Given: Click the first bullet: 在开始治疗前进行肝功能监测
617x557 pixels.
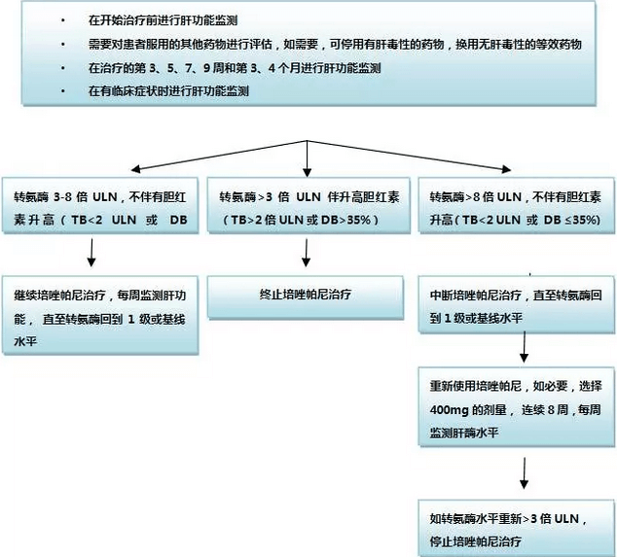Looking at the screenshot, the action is [x=163, y=20].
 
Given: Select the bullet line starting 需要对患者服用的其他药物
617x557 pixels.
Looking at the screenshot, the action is [x=335, y=44].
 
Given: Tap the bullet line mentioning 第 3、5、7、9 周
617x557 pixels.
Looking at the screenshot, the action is [x=235, y=68].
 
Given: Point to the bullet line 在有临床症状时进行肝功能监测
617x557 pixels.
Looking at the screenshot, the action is [x=168, y=91].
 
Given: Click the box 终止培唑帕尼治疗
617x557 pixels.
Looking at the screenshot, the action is [x=306, y=296].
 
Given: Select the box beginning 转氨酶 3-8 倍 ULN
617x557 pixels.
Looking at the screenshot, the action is [x=100, y=205].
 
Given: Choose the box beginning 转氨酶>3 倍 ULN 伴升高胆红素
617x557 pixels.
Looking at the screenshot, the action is [x=308, y=205].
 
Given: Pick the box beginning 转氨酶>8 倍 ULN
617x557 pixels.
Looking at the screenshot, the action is [x=516, y=205].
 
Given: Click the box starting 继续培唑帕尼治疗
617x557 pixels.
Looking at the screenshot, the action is [x=100, y=315].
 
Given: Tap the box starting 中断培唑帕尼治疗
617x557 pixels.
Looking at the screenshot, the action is [x=516, y=304].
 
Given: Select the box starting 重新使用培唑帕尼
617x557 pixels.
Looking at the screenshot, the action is [x=516, y=407].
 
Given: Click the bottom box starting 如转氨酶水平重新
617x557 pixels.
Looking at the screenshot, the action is [x=516, y=528].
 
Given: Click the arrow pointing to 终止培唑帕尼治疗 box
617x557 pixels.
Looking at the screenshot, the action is [x=307, y=253].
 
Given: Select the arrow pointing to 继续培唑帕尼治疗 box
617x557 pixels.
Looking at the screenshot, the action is [x=91, y=252].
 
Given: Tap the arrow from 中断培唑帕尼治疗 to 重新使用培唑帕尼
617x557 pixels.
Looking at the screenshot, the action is [x=525, y=347].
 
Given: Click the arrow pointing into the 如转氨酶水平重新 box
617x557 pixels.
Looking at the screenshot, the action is [x=524, y=472].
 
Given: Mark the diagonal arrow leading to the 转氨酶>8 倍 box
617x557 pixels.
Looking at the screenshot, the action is [x=409, y=156].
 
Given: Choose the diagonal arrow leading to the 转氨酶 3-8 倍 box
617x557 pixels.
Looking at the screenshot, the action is [x=219, y=156].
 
